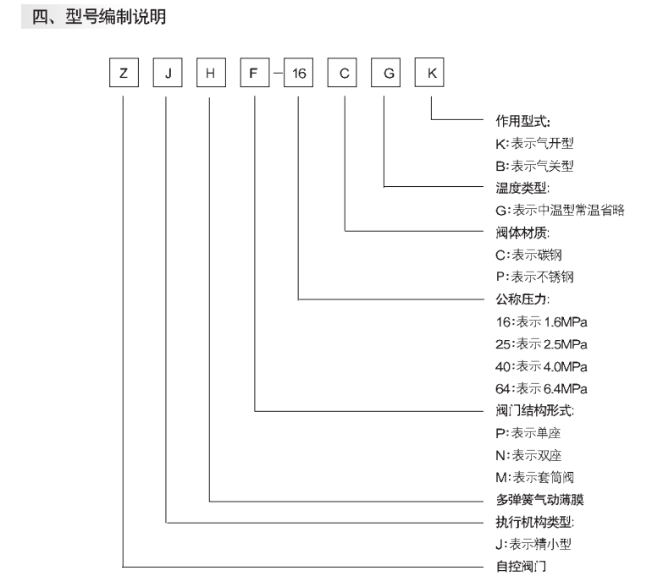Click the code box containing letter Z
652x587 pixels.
point(124,73)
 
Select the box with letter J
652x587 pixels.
point(168,73)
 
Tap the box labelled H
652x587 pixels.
point(211,73)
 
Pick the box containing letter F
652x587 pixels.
point(255,73)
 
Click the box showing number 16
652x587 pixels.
point(299,73)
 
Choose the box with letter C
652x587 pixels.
point(342,73)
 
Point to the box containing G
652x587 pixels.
point(386,73)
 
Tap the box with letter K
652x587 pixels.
point(429,73)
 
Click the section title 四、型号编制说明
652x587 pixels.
point(99,17)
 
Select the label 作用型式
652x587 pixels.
point(522,121)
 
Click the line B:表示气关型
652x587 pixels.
point(534,166)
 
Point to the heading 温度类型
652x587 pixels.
point(522,188)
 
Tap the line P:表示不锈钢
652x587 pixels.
point(535,277)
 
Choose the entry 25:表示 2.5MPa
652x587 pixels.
point(541,344)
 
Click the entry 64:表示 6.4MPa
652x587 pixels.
point(541,389)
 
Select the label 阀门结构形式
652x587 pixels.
point(535,411)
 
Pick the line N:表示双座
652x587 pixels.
point(528,455)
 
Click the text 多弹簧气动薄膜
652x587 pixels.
point(539,499)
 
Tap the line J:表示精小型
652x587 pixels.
point(533,544)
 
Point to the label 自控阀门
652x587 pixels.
point(521,566)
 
